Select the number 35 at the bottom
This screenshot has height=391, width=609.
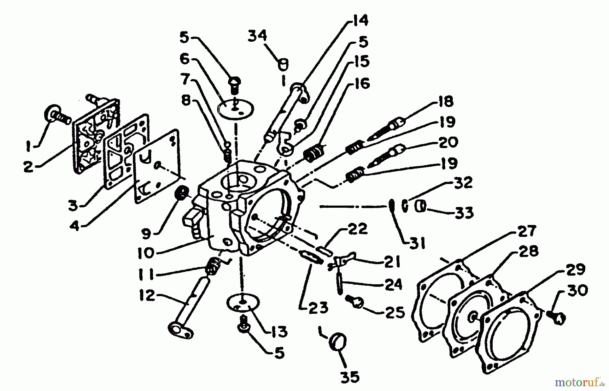(x=349, y=377)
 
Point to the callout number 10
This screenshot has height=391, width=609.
(x=145, y=253)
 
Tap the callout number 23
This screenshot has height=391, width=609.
(x=319, y=308)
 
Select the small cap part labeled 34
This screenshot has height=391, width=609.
(x=283, y=64)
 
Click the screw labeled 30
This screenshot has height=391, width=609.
(x=557, y=318)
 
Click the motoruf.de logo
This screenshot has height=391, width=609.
(x=579, y=383)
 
